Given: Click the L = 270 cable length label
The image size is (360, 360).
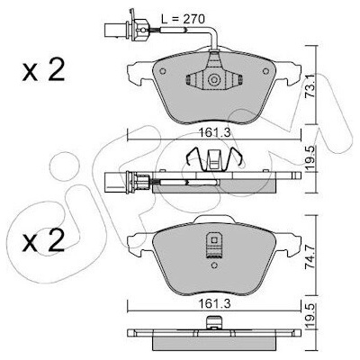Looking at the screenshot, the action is [183, 19].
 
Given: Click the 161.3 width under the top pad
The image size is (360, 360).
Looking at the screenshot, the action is [214, 132].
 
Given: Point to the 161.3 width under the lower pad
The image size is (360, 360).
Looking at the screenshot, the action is [214, 304].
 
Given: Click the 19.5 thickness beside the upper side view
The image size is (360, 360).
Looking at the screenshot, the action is [310, 159].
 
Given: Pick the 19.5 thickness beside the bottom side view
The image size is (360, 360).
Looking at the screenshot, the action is [310, 315].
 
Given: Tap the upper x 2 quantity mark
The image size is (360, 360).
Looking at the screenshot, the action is [43, 71].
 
